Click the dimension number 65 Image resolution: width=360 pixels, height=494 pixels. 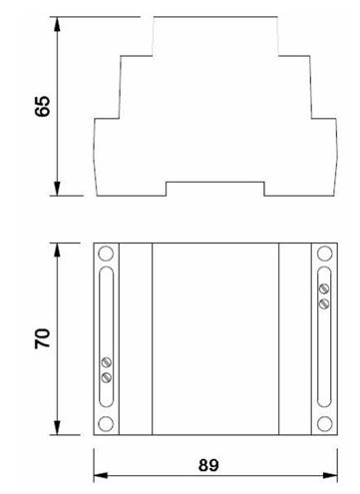43,107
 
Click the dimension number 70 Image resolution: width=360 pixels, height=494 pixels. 43,338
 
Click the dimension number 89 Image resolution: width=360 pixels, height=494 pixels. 208,465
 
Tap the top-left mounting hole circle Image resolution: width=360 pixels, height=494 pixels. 106,253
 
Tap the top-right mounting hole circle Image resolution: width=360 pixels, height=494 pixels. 325,253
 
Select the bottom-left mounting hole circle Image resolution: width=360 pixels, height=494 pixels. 106,423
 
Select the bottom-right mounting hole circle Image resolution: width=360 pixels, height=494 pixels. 325,423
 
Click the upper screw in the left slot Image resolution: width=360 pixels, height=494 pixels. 107,362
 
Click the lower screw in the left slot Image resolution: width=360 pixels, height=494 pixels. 107,377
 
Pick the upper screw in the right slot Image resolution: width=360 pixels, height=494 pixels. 324,288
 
